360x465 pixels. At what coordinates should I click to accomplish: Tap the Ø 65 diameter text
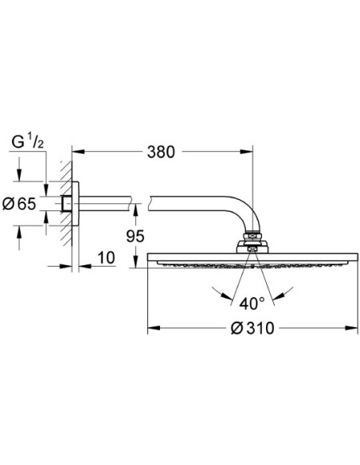pyautogui.click(x=19, y=204)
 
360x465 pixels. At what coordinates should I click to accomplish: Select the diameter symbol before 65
pyautogui.click(x=8, y=204)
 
